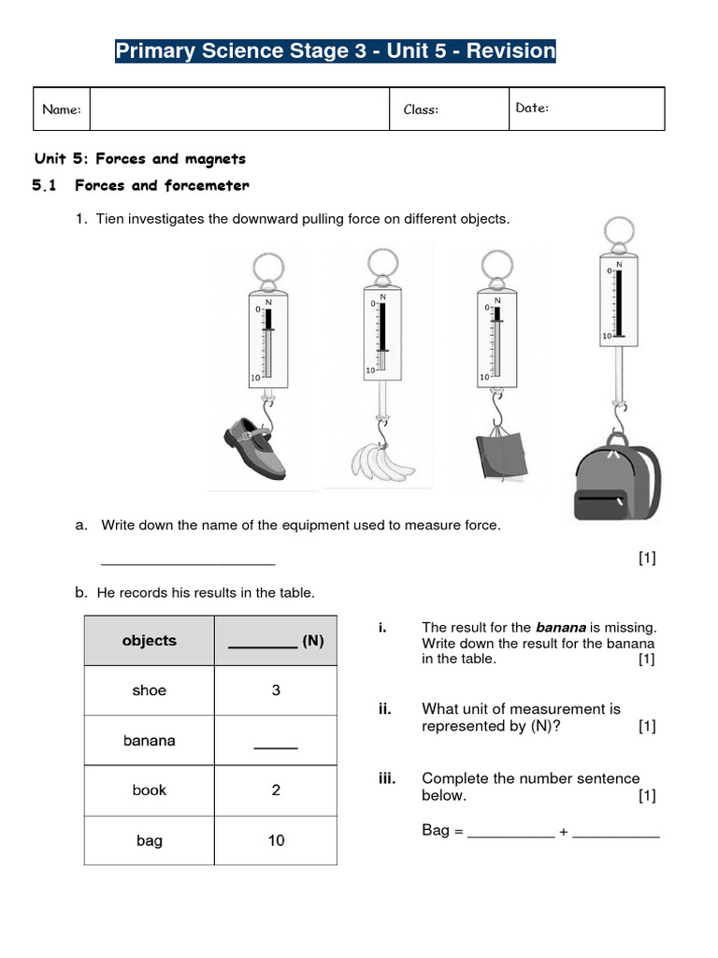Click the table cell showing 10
pyautogui.click(x=276, y=840)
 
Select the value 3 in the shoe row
pyautogui.click(x=276, y=690)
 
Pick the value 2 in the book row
pyautogui.click(x=276, y=790)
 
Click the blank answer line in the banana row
pyautogui.click(x=276, y=746)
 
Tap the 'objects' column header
pyautogui.click(x=150, y=641)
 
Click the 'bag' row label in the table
pyautogui.click(x=150, y=840)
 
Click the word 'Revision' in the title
pyautogui.click(x=511, y=51)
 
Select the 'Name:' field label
pyautogui.click(x=62, y=109)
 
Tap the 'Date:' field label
pyautogui.click(x=532, y=108)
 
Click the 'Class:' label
pyautogui.click(x=421, y=109)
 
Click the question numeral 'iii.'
pyautogui.click(x=391, y=778)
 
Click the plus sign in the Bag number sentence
pyautogui.click(x=563, y=831)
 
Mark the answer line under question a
pyautogui.click(x=187, y=562)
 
